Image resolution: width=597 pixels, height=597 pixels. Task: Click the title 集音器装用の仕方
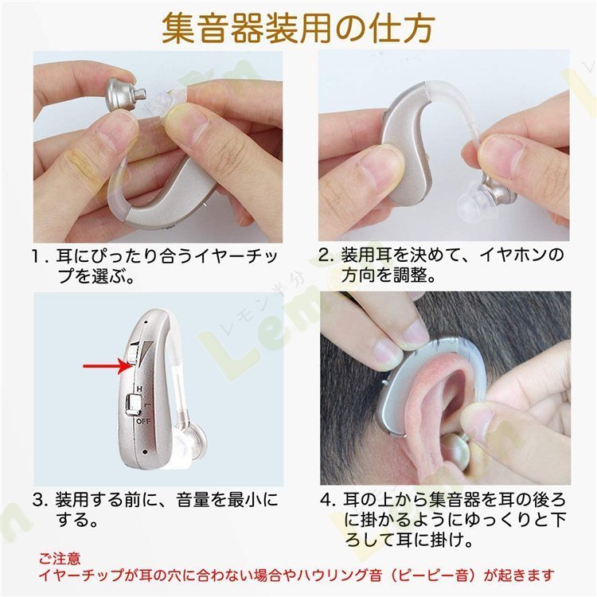pyautogui.click(x=298, y=27)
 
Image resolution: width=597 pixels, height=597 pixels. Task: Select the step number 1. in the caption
pyautogui.click(x=41, y=258)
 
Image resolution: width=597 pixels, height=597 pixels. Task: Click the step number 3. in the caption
pyautogui.click(x=41, y=501)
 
